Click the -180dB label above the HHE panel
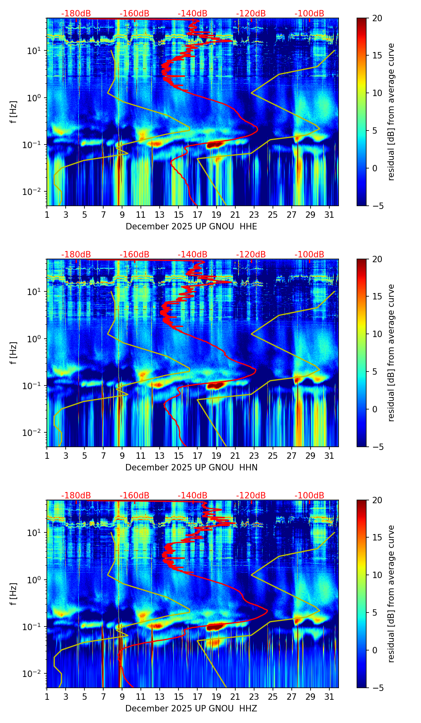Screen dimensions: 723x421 click(76, 14)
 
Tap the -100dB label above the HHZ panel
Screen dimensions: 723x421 click(309, 496)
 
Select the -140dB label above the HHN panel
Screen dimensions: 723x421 click(192, 255)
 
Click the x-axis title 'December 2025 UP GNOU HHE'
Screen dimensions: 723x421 click(191, 227)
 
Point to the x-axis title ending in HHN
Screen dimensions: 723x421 click(191, 468)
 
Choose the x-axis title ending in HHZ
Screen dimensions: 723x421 click(191, 709)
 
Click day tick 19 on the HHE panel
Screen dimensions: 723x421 click(216, 215)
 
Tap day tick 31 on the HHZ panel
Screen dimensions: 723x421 click(329, 697)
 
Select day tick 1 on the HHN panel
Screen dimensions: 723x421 click(47, 456)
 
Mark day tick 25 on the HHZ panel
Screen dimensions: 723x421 click(273, 697)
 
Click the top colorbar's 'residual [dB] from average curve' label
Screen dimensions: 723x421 click(391, 112)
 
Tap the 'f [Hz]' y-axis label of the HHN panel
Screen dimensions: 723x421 click(14, 353)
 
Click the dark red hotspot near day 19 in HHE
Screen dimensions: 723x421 click(215, 144)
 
